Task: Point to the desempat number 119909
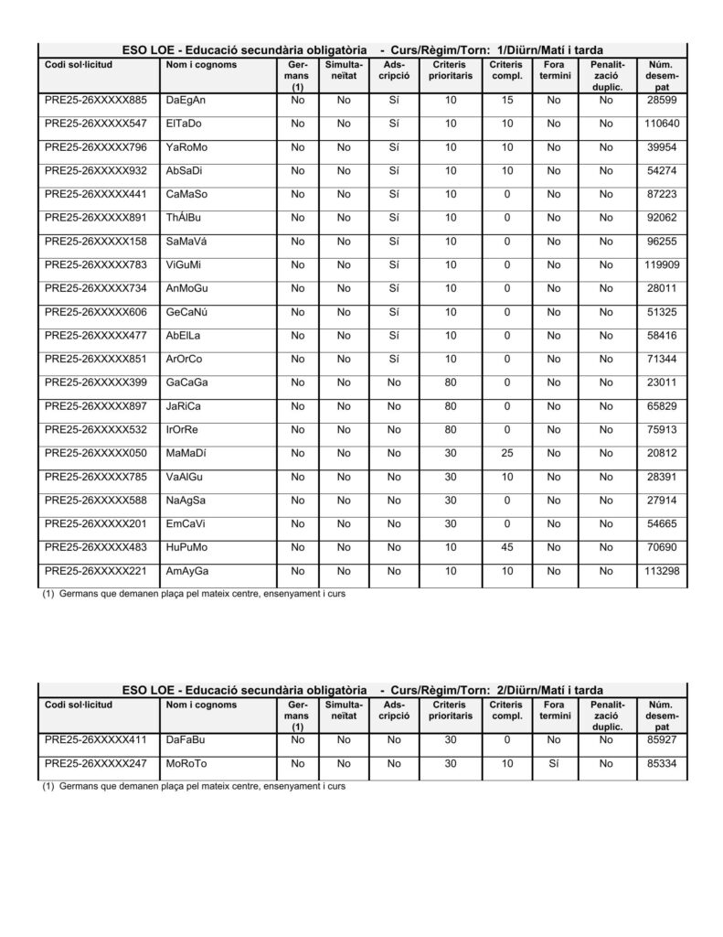coord(662,264)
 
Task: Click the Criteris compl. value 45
coord(506,547)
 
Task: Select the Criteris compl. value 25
coord(506,453)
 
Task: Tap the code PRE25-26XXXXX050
coord(95,453)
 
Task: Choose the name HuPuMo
coord(187,547)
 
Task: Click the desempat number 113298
coord(662,571)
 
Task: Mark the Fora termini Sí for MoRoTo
coord(554,763)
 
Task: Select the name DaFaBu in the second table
coord(186,739)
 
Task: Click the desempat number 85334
coord(662,763)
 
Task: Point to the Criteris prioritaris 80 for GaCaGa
coord(451,382)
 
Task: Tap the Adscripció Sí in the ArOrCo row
coord(394,359)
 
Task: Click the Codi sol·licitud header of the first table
coord(79,65)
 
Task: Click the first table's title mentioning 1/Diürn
coord(363,49)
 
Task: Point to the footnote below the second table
coord(194,786)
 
